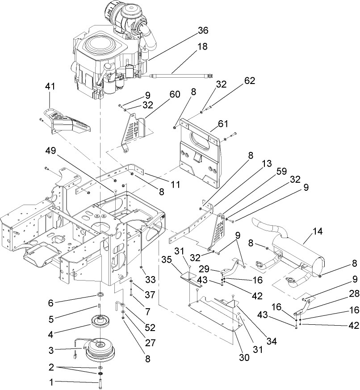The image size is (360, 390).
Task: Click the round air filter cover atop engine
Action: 100,47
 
